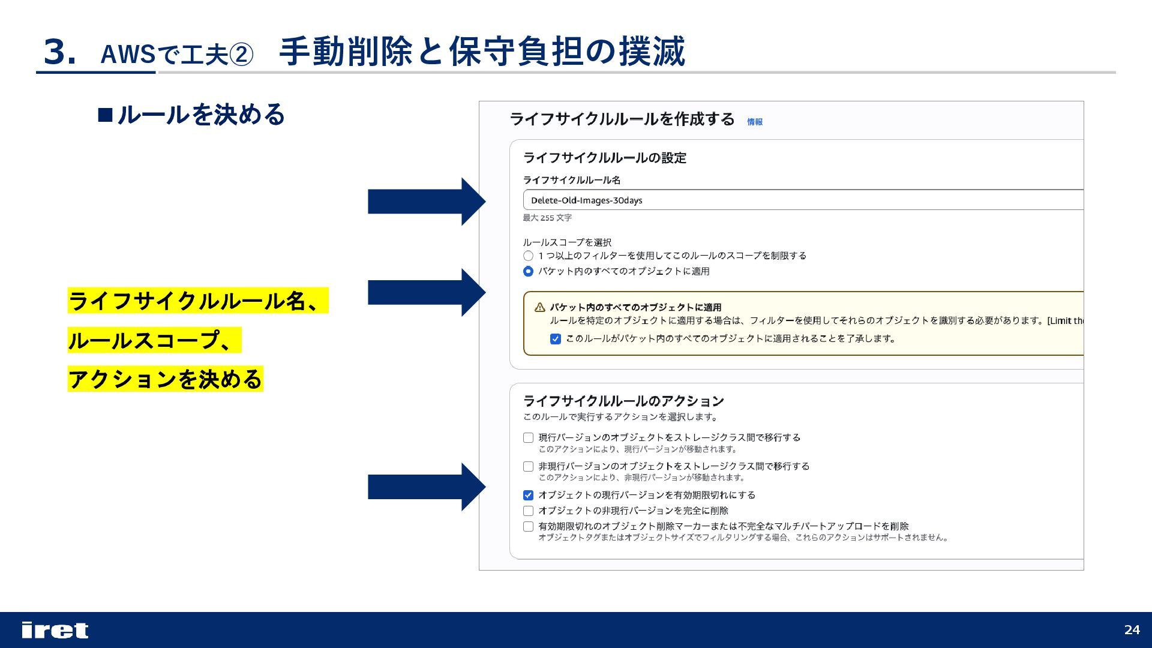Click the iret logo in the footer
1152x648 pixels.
click(x=55, y=630)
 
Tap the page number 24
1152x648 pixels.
click(x=1132, y=629)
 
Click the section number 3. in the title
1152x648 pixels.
click(x=59, y=52)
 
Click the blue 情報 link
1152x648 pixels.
click(x=755, y=122)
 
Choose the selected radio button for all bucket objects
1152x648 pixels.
click(x=528, y=271)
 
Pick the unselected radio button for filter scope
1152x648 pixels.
click(x=528, y=256)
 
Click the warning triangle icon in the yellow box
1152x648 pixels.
click(x=539, y=307)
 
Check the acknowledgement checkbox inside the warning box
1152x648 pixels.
click(x=556, y=339)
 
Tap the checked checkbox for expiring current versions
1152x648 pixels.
click(x=528, y=495)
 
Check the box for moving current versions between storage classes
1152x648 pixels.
click(x=528, y=438)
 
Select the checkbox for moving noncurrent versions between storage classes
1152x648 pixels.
click(x=528, y=466)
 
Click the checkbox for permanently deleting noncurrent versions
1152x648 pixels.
click(x=528, y=511)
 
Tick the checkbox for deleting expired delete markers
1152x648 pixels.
click(x=528, y=526)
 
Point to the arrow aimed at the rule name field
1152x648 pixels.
click(x=426, y=202)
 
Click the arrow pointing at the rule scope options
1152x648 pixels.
click(x=426, y=292)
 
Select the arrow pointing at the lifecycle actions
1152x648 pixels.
click(x=426, y=487)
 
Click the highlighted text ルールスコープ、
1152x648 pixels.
click(x=154, y=340)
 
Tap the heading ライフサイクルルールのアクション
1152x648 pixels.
click(x=623, y=401)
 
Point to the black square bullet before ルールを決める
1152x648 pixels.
click(x=105, y=115)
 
